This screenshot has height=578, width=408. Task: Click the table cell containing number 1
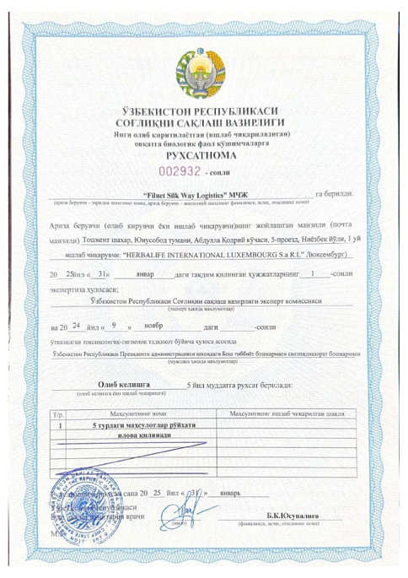pyautogui.click(x=59, y=426)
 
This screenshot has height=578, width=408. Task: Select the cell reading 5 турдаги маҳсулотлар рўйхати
pyautogui.click(x=139, y=426)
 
